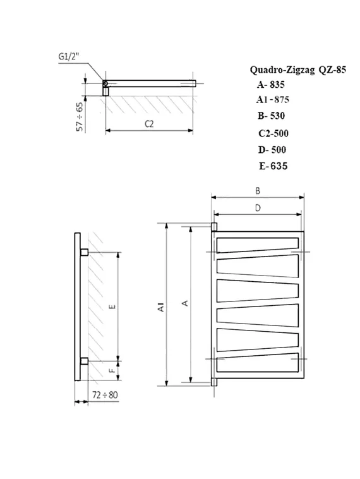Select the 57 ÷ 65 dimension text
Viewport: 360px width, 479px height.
pyautogui.click(x=80, y=116)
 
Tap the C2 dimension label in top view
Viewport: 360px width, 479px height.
pyautogui.click(x=149, y=123)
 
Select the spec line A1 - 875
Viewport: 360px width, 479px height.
pyautogui.click(x=272, y=100)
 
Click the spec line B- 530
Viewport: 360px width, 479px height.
pyautogui.click(x=271, y=116)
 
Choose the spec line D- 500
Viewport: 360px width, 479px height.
pyautogui.click(x=272, y=150)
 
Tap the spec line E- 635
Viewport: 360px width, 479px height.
pyautogui.click(x=272, y=167)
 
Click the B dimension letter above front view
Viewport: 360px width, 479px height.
pyautogui.click(x=258, y=190)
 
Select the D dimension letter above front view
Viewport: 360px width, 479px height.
pyautogui.click(x=258, y=207)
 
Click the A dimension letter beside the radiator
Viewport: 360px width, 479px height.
pyautogui.click(x=185, y=304)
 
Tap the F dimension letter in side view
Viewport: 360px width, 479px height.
pyautogui.click(x=112, y=372)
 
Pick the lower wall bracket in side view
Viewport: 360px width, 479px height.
pyautogui.click(x=84, y=361)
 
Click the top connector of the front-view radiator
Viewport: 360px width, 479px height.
pyautogui.click(x=214, y=227)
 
